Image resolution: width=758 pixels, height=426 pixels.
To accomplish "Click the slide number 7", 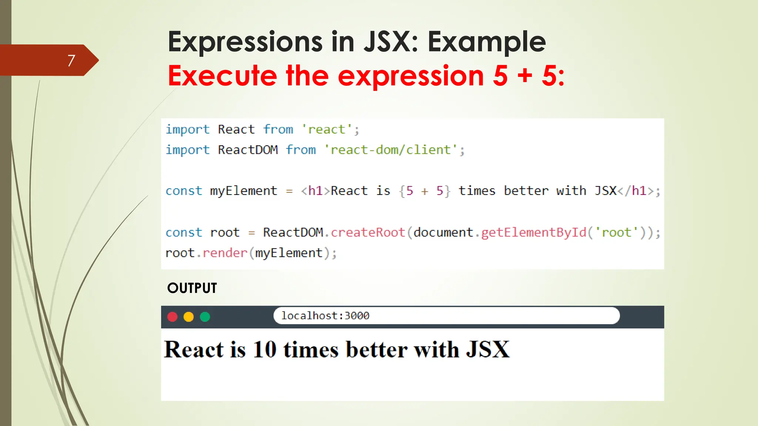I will pos(71,60).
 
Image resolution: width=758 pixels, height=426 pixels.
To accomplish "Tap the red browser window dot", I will pos(172,317).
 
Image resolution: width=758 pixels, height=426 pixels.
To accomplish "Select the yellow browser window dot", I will pos(189,317).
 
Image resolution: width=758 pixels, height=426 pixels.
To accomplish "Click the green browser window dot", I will pos(205,317).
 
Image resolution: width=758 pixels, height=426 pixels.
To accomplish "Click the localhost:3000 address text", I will pos(325,316).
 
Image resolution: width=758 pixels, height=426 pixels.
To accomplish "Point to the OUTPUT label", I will pos(192,288).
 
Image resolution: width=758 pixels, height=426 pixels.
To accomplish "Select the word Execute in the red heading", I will pos(222,76).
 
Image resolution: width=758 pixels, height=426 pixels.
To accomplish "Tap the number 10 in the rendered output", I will pos(265,349).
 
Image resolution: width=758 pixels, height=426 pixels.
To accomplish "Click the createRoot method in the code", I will pos(368,232).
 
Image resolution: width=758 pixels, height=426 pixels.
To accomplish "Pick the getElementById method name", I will pos(534,232).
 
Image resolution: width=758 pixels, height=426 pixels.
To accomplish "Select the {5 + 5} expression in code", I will pos(425,191).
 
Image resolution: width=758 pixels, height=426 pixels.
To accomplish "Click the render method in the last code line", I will pos(225,253).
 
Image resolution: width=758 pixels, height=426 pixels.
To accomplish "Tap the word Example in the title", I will pos(487,42).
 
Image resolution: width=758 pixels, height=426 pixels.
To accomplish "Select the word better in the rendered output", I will pos(376,349).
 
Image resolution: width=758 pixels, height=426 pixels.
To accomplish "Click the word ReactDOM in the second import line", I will pos(248,150).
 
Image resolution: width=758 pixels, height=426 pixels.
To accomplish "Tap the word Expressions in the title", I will pos(245,42).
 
